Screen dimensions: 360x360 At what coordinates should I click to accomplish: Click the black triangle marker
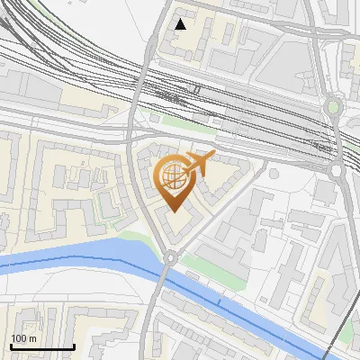[181, 24]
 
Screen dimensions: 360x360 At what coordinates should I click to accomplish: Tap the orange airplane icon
[199, 164]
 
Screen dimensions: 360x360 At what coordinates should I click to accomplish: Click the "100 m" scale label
[23, 337]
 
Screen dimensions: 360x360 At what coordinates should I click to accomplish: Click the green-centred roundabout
[334, 107]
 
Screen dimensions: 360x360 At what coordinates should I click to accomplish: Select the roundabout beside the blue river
[169, 258]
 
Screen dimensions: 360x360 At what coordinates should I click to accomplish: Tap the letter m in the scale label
[32, 337]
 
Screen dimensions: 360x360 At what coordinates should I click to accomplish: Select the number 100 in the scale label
[19, 337]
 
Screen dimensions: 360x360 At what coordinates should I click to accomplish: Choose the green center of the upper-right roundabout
[334, 107]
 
